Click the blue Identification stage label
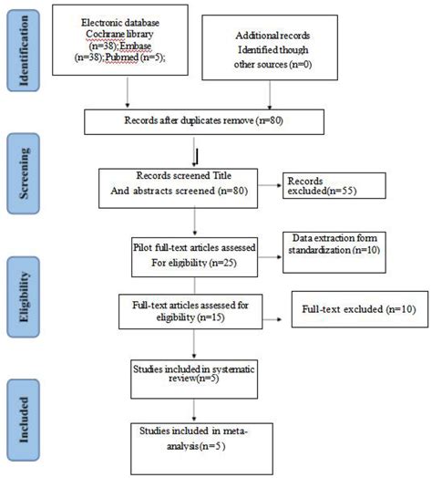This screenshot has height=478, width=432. click(x=27, y=50)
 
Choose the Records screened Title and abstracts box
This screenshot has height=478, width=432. click(x=193, y=188)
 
